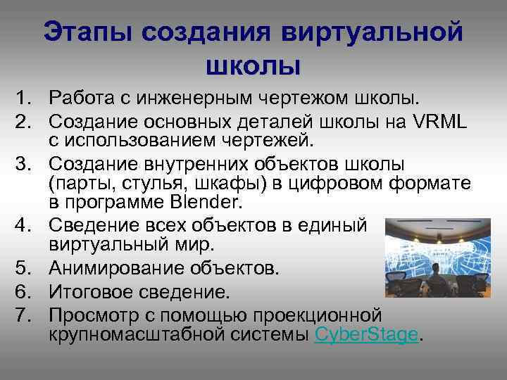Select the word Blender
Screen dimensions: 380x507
(x=208, y=204)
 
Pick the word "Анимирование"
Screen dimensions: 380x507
(x=115, y=270)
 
